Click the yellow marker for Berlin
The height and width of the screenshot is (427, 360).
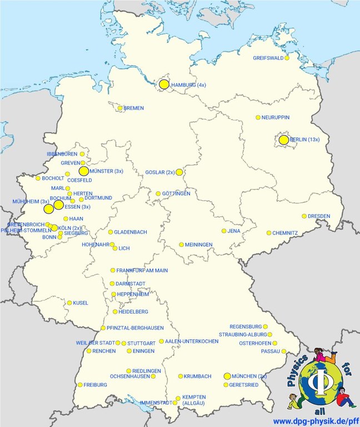click(x=283, y=140)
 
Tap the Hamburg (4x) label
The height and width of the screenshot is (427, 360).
click(x=189, y=85)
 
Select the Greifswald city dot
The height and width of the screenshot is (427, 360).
click(x=287, y=58)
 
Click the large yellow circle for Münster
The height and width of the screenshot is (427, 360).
click(x=84, y=171)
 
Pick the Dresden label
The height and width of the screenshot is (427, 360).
click(x=319, y=216)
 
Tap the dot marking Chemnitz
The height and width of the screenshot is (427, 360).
click(x=269, y=233)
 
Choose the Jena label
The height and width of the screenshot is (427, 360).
click(x=233, y=231)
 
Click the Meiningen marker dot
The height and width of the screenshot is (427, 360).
click(x=182, y=245)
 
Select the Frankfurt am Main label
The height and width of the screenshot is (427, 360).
click(x=142, y=270)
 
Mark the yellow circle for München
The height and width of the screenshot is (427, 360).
click(x=227, y=376)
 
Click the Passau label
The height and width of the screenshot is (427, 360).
click(x=270, y=351)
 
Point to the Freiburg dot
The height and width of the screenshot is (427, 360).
click(x=80, y=385)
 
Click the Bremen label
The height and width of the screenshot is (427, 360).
click(x=133, y=108)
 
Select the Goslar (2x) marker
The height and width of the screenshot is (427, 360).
click(x=179, y=172)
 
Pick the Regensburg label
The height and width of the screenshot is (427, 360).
click(x=245, y=326)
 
